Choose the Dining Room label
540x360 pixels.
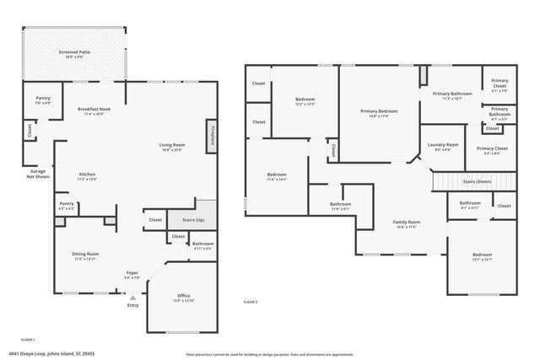pos(87,255)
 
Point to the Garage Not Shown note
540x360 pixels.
pos(36,175)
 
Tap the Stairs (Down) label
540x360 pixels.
pos(478,181)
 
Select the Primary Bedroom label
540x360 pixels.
pos(379,113)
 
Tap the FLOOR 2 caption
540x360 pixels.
pos(251,301)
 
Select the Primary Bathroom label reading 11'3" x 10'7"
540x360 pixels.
pos(452,95)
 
